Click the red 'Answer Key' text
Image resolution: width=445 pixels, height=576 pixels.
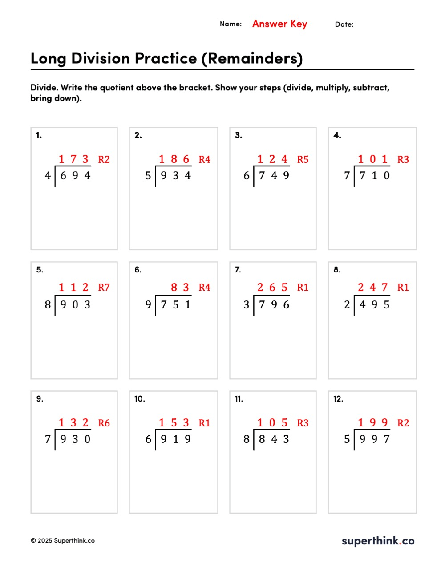pos(279,24)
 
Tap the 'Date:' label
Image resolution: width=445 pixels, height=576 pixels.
pos(344,24)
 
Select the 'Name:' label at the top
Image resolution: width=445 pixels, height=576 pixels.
pos(231,24)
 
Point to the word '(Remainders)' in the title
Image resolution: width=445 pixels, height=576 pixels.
pos(252,58)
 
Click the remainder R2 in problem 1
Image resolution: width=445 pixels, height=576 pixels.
pos(104,159)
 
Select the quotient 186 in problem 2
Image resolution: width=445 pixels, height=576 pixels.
pos(174,159)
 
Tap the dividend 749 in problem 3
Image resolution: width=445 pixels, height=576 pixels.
pos(274,176)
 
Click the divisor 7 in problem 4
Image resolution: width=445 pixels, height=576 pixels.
pos(347,176)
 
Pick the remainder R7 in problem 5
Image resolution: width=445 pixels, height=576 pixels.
pos(104,288)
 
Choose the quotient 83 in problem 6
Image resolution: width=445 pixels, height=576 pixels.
pos(180,288)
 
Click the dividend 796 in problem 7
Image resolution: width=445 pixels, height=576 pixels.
pos(274,305)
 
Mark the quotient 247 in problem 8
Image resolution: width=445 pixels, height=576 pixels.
pos(373,288)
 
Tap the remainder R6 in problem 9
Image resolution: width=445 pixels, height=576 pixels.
pos(104,423)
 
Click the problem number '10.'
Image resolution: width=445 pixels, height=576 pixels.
pos(140,399)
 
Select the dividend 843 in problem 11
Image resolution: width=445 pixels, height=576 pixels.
pos(274,439)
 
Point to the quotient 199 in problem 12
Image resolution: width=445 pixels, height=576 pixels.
pos(373,423)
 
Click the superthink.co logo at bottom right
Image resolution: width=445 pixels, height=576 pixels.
pos(378,541)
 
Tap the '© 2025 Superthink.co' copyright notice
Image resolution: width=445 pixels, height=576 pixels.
pos(63,541)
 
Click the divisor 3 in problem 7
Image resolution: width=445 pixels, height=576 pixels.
pos(246,305)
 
